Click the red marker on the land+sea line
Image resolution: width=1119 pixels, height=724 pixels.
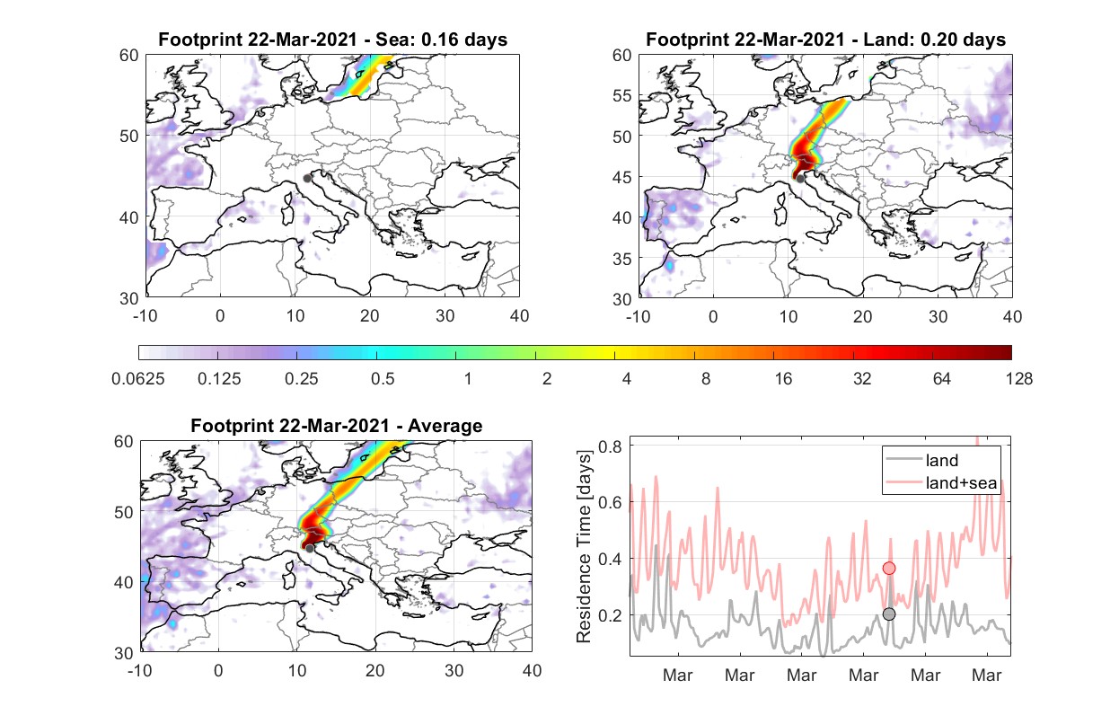(x=889, y=568)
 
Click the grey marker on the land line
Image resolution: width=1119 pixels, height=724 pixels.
(x=889, y=614)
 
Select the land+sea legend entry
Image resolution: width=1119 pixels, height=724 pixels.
(x=941, y=482)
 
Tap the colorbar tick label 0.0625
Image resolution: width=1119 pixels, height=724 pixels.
(x=138, y=379)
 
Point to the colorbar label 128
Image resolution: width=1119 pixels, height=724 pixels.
(x=1018, y=379)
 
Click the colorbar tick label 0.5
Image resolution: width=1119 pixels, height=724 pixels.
(x=383, y=379)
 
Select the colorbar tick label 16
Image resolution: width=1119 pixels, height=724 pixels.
(x=783, y=379)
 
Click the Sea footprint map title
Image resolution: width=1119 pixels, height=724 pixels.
(x=332, y=40)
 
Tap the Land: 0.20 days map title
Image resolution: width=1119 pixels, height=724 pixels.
(x=825, y=40)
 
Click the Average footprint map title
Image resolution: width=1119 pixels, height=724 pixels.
(x=337, y=426)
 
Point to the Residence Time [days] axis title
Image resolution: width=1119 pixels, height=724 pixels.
(x=584, y=546)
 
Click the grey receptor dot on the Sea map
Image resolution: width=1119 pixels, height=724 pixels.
(x=307, y=179)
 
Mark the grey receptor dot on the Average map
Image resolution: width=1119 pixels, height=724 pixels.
(x=310, y=549)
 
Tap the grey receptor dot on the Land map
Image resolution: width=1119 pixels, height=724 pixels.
(x=800, y=179)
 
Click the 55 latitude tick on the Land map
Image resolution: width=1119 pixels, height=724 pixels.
(x=621, y=95)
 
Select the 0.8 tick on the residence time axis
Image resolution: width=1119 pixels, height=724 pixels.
(x=610, y=446)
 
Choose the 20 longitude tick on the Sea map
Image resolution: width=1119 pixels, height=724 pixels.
(x=370, y=316)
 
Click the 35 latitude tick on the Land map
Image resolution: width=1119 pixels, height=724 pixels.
(x=621, y=259)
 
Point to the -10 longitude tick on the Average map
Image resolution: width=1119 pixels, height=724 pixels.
(x=140, y=670)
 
